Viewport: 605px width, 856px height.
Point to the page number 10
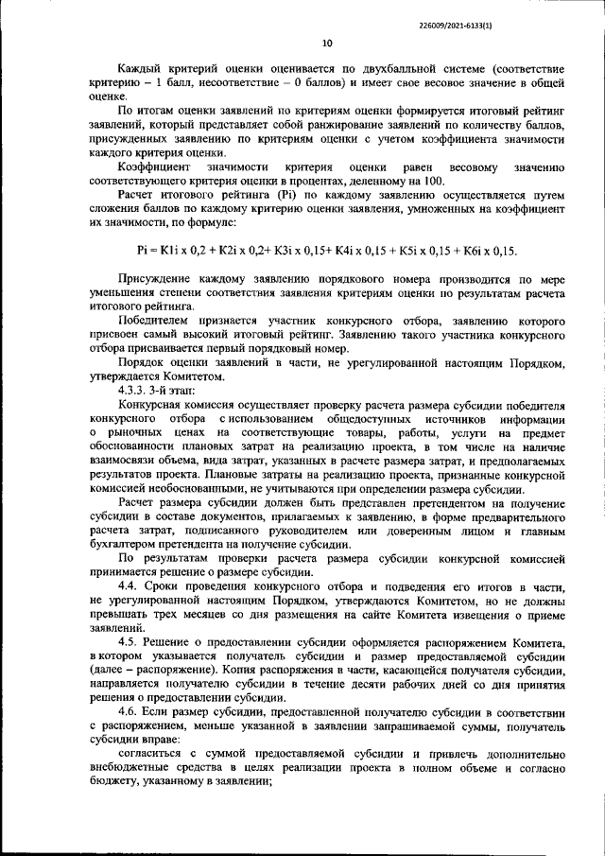pos(327,43)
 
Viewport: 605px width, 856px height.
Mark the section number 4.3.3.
pos(134,390)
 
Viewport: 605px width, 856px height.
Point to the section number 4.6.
pos(129,710)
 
